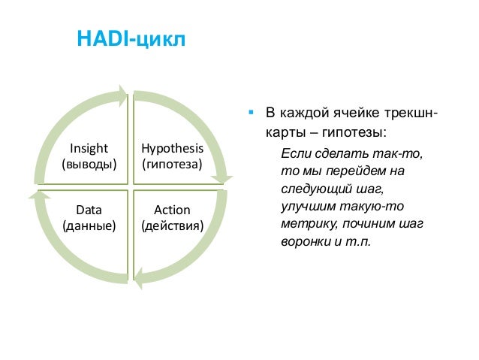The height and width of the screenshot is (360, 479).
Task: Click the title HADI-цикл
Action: [131, 39]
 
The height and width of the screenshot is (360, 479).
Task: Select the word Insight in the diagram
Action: [89, 147]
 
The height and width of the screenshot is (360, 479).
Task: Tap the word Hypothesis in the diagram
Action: [172, 147]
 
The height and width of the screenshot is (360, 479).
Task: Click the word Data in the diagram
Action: [89, 210]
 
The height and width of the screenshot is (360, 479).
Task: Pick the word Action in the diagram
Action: [172, 210]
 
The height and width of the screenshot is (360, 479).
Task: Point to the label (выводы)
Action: [89, 163]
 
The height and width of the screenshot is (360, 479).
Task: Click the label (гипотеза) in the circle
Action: [172, 163]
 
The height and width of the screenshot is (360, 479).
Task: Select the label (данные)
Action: [89, 225]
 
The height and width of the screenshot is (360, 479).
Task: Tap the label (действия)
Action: [172, 225]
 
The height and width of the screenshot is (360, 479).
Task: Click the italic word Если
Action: [294, 153]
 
